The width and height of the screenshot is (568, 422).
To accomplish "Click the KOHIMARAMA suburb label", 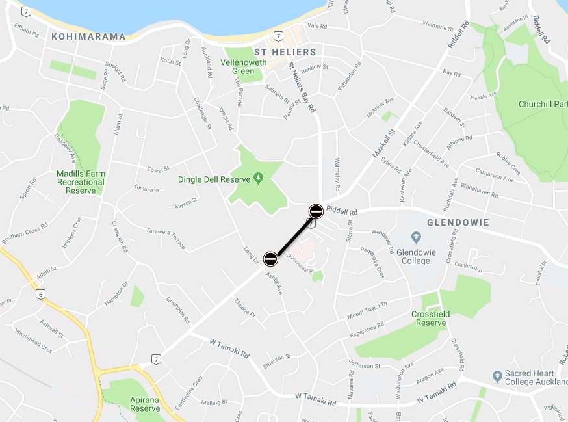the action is (x=88, y=36).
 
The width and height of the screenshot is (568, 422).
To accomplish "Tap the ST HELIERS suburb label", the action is (x=285, y=52).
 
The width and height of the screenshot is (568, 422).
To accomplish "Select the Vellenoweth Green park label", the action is (x=244, y=66).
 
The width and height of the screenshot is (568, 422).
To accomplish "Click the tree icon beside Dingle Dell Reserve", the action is (x=258, y=178).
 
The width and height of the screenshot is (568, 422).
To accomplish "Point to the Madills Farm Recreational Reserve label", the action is (x=81, y=182).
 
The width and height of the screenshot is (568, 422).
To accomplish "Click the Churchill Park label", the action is (x=543, y=104).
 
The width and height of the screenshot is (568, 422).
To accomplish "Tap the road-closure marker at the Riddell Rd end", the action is (x=316, y=211).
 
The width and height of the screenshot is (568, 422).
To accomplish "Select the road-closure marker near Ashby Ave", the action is (x=270, y=259).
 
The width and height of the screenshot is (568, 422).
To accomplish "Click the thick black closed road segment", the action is (x=293, y=235).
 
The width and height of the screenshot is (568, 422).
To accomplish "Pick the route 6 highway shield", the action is (x=42, y=294).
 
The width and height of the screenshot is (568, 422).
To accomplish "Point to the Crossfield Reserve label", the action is (x=431, y=319).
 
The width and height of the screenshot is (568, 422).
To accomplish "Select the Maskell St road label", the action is (x=383, y=144).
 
